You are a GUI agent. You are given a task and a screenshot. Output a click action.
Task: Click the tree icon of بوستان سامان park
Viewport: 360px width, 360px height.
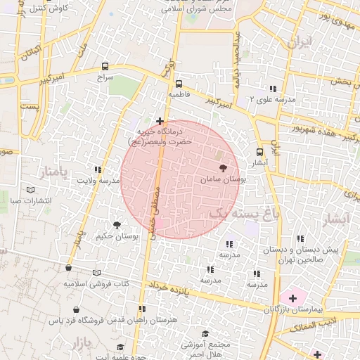[x=224, y=168]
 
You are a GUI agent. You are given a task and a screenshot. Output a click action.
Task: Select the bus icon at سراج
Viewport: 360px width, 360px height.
[x=105, y=68]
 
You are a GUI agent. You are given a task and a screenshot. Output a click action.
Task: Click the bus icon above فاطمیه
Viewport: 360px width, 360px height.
[x=178, y=82]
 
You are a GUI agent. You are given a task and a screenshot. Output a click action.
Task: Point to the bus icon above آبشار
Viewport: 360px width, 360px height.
[x=260, y=151]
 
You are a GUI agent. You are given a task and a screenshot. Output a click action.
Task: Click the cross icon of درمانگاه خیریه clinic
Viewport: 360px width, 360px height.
[x=160, y=121]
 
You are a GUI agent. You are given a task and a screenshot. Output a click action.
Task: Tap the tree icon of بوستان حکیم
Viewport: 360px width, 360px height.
[x=116, y=225]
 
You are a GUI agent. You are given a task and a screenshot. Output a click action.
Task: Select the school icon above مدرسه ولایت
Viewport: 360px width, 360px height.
[x=98, y=170]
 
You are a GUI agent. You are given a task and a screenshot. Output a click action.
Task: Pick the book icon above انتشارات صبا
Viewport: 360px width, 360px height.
[x=30, y=190]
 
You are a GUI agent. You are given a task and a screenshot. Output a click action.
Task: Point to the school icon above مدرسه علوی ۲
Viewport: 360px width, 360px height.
[x=272, y=89]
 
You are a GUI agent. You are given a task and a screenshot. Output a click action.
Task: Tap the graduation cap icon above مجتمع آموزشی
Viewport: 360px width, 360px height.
[x=205, y=333]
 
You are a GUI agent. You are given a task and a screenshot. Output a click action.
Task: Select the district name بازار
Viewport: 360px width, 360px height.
[x=82, y=344]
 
